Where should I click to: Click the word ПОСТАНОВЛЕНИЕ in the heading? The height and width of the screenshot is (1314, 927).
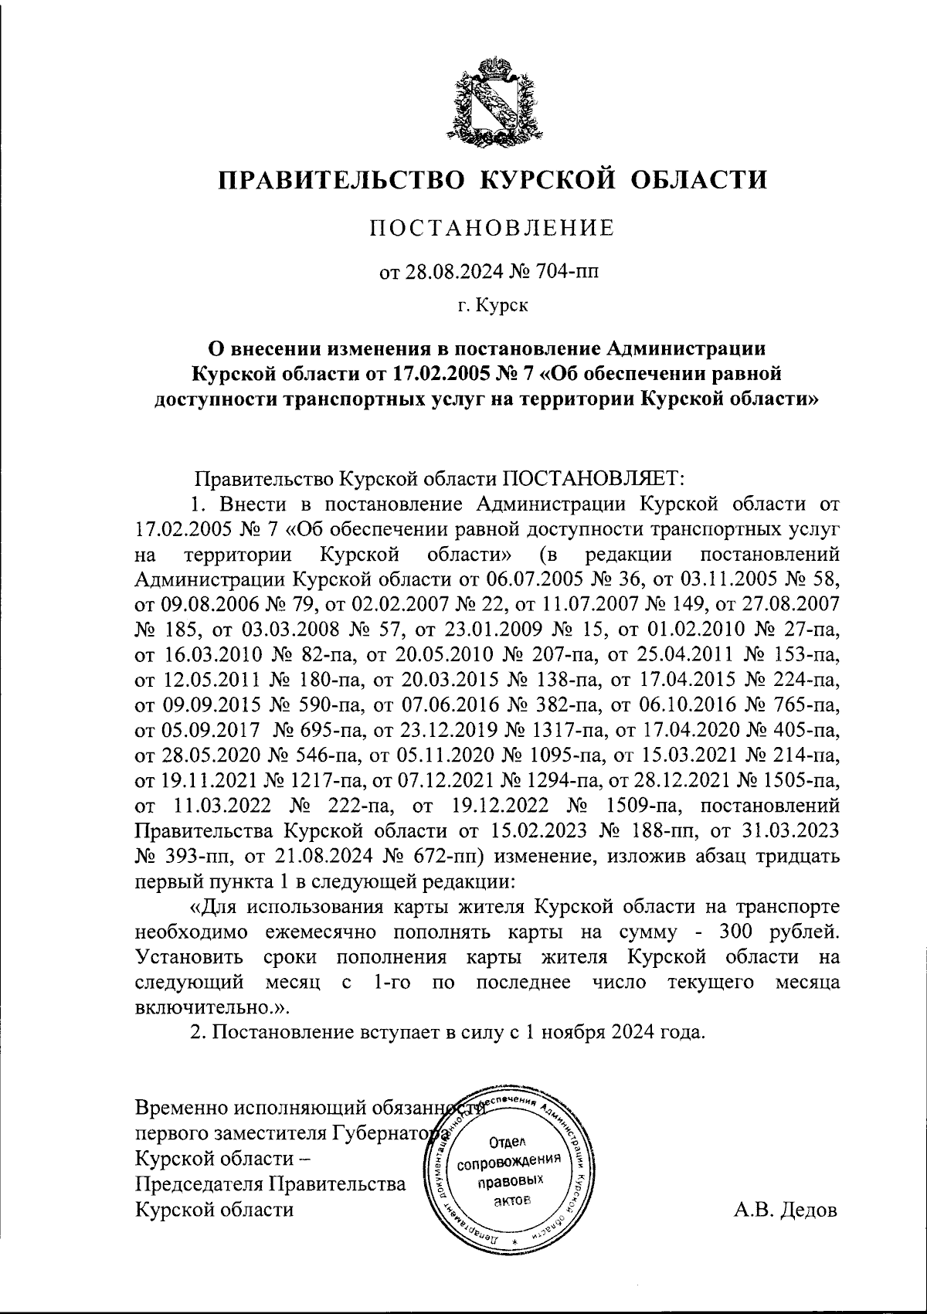[x=493, y=229]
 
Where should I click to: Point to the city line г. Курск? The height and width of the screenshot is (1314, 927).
[x=493, y=307]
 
